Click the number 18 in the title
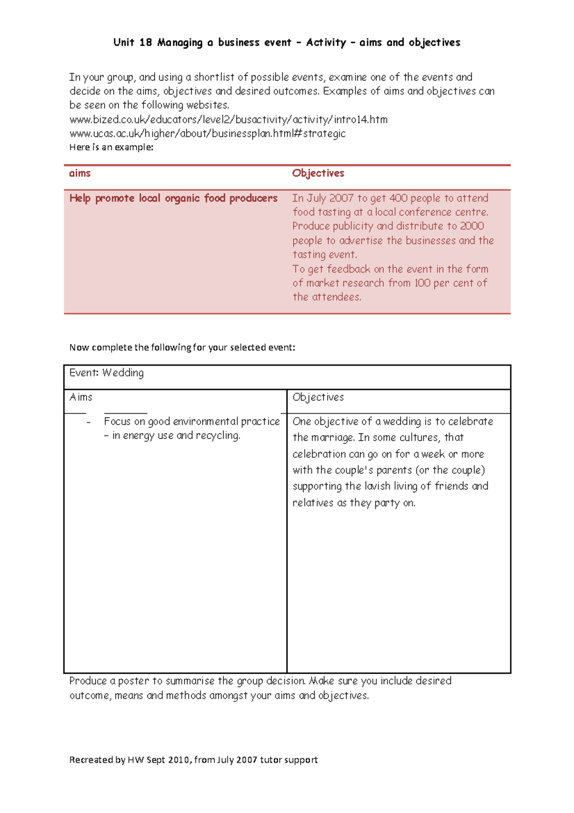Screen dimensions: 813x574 (x=145, y=43)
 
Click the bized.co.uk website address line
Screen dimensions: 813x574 (x=228, y=119)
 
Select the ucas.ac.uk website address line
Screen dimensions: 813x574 (x=207, y=133)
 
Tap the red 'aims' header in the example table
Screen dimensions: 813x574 (x=80, y=173)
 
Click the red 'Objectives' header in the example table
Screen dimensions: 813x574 (x=318, y=173)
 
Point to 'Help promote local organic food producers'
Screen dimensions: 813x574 (x=173, y=198)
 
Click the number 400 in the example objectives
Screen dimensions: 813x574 (x=398, y=198)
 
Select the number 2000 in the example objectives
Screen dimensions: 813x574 (x=472, y=226)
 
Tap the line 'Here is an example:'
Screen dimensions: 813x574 (x=111, y=147)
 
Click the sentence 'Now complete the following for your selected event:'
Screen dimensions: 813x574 (x=182, y=348)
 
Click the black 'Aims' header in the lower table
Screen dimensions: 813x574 (x=81, y=397)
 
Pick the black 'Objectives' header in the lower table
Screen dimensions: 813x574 (x=318, y=397)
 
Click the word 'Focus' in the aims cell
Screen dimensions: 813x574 (x=117, y=421)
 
